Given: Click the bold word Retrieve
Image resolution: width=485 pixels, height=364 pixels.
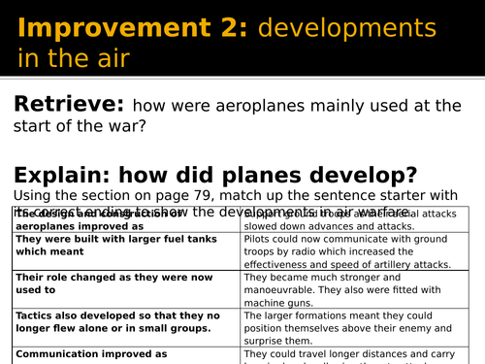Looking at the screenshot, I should [67, 106].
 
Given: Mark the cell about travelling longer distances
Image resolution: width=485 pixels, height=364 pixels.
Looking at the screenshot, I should [360, 355].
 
